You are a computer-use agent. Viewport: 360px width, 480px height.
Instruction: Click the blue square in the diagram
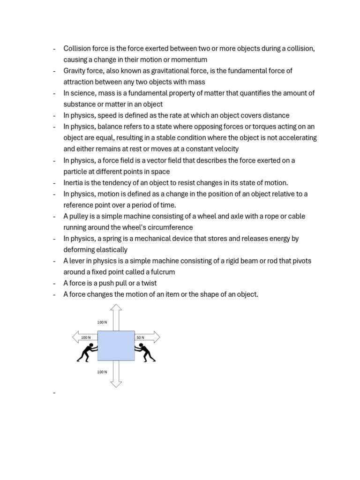[x=116, y=345]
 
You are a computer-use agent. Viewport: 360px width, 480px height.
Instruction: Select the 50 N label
[x=140, y=337]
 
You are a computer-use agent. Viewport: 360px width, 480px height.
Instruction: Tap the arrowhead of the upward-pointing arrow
[x=116, y=307]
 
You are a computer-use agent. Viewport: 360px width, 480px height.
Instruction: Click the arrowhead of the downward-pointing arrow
[x=116, y=384]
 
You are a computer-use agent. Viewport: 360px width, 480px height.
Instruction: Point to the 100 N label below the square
[x=102, y=372]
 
